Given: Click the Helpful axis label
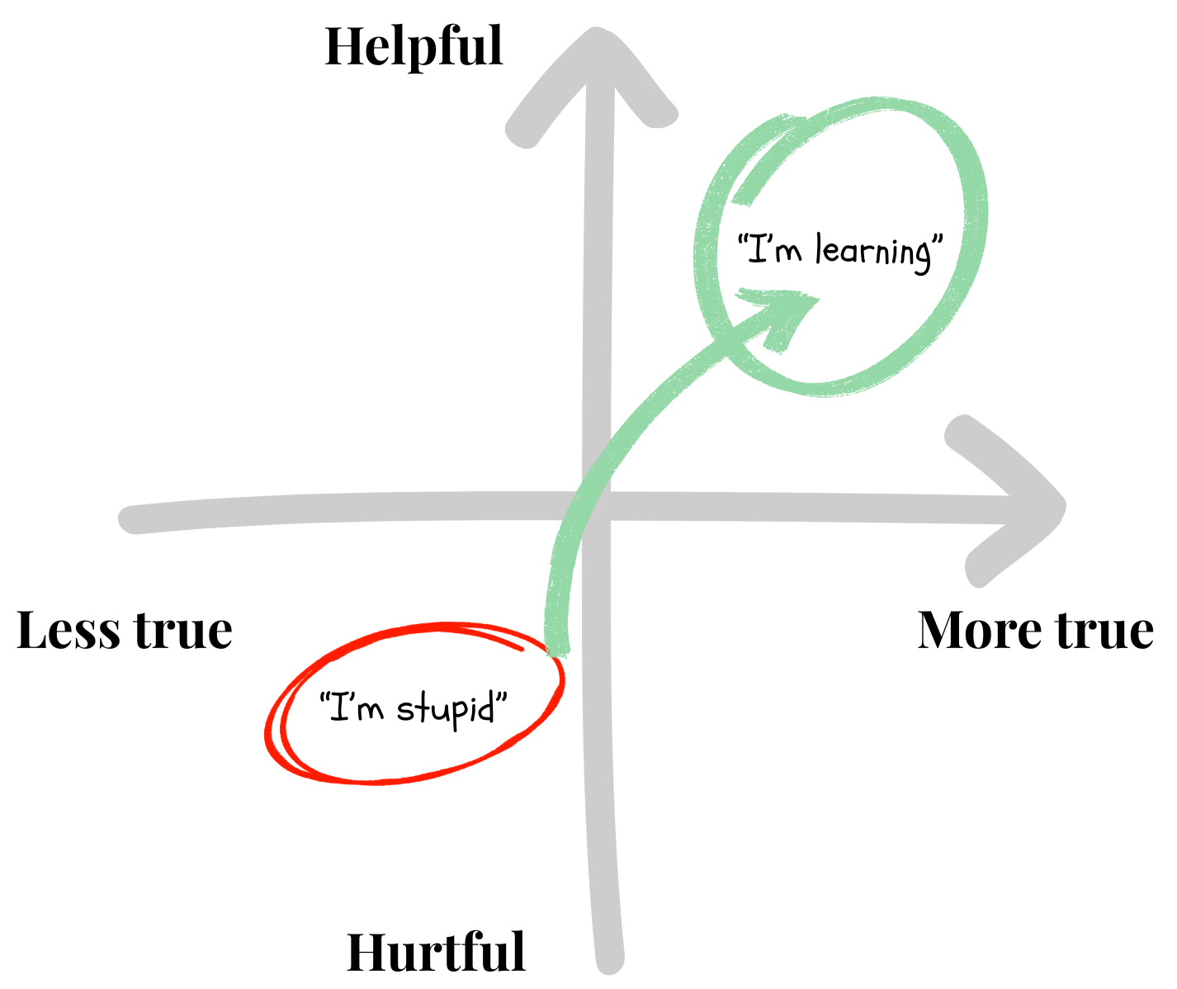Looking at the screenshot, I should click(x=414, y=47).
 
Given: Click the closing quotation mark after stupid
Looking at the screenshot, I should click(x=500, y=702).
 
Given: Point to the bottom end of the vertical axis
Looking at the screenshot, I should click(x=609, y=959).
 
